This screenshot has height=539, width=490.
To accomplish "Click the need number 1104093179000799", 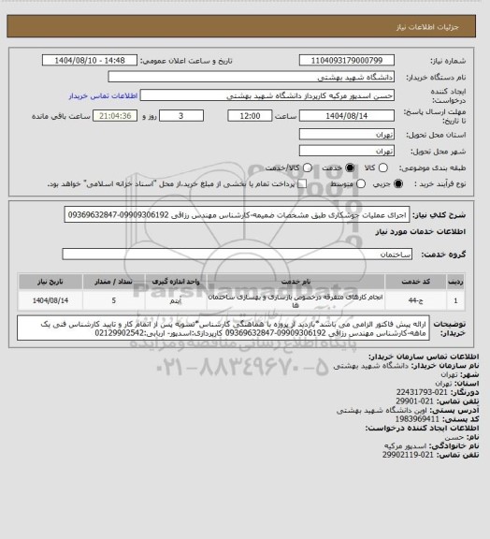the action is click(x=338, y=59).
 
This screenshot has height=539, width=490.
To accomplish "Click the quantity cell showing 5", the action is click(x=113, y=300).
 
